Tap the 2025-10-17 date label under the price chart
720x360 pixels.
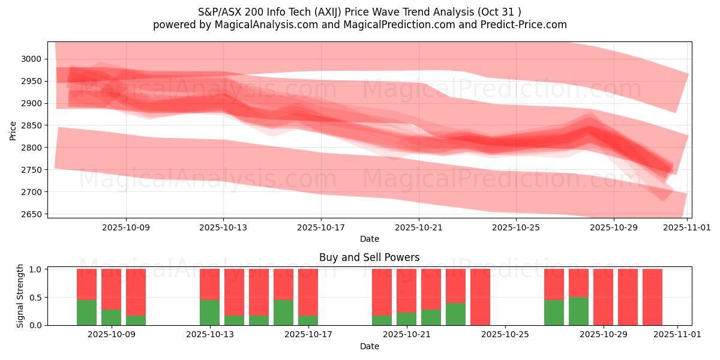click(x=321, y=227)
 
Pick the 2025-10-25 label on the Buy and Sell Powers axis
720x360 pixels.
click(x=505, y=335)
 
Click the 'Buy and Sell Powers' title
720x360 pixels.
click(x=369, y=257)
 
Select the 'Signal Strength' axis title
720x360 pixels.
click(x=20, y=296)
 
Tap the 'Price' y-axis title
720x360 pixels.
click(x=13, y=130)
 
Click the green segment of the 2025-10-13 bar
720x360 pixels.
click(x=209, y=312)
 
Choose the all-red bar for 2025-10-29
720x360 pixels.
click(x=603, y=297)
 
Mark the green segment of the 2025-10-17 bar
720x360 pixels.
click(x=308, y=320)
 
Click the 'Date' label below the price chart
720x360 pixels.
click(x=369, y=239)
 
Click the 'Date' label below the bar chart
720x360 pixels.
click(x=369, y=346)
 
